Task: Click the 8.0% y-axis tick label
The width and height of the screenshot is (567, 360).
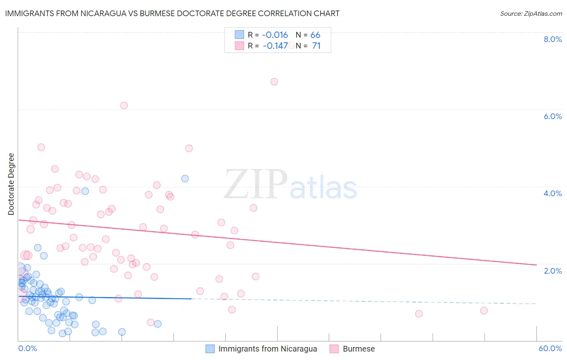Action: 552,39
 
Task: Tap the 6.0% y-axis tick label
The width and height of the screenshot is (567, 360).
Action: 552,116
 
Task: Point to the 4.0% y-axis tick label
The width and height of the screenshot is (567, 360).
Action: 552,193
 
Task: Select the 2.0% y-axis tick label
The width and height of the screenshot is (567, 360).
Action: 552,271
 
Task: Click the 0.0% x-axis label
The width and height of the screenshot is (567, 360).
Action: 27,348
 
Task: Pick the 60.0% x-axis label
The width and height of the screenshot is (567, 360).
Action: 550,348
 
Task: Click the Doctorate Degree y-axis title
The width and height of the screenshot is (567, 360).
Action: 11,184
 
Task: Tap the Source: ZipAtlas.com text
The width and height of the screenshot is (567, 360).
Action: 531,13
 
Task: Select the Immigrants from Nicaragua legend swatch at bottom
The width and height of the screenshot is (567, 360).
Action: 210,349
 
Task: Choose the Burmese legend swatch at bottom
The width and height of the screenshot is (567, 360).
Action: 334,349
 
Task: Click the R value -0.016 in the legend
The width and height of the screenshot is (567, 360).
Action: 275,35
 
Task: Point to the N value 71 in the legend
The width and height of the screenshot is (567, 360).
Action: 316,46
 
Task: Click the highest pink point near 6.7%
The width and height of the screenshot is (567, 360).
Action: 274,82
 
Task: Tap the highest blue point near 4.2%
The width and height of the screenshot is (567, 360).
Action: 185,178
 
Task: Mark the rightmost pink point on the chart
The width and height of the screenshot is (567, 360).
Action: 484,310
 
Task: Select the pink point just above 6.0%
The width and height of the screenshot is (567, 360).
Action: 124,105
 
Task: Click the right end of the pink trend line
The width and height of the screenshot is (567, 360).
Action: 536,265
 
